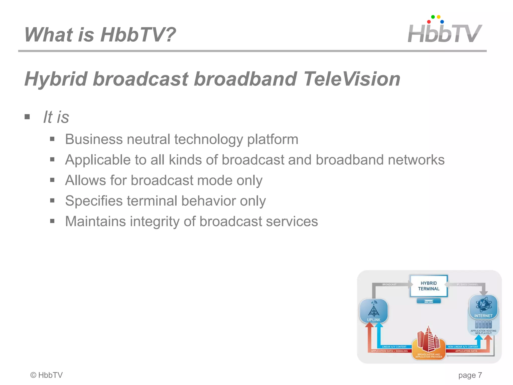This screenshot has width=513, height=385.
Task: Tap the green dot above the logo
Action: (433, 17)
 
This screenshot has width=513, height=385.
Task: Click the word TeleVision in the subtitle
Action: (352, 79)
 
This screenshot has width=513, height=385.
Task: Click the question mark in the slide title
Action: (170, 35)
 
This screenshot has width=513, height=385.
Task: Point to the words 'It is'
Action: (56, 117)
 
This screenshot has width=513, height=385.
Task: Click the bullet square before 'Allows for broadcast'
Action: (52, 180)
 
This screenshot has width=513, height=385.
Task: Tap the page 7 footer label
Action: (470, 375)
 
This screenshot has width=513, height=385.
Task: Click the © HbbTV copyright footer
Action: (46, 375)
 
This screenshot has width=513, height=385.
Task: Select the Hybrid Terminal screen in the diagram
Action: (429, 286)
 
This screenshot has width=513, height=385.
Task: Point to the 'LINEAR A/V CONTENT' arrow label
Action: (394, 347)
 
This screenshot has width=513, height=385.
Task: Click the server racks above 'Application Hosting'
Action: (483, 324)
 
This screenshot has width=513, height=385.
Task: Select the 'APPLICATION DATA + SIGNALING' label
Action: (389, 351)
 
